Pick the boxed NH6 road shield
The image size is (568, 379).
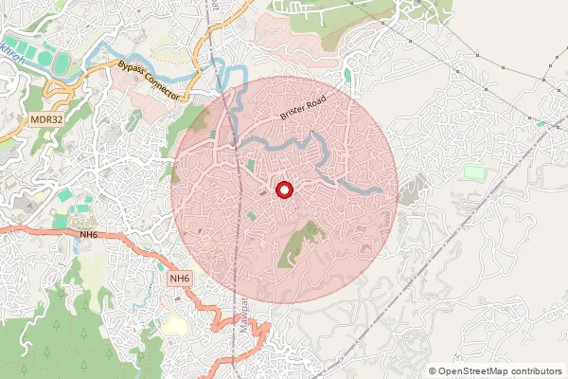pyautogui.click(x=180, y=279)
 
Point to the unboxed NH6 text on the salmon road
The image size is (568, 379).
pyautogui.click(x=88, y=234)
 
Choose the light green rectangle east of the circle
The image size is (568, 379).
pyautogui.click(x=473, y=172)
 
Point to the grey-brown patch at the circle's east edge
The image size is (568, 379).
pyautogui.click(x=409, y=189)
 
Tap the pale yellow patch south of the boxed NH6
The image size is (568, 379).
pyautogui.click(x=175, y=325)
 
